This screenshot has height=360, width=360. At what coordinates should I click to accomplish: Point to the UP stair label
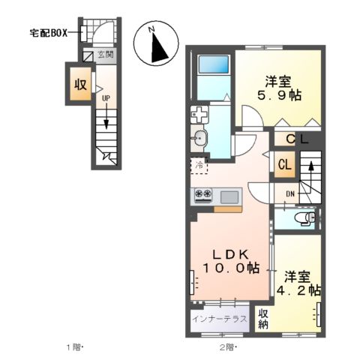(106, 98)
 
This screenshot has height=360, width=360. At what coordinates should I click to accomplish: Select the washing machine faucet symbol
(199, 115)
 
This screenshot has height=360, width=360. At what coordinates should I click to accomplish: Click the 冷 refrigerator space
(199, 164)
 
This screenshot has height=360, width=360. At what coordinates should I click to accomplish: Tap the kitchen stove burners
(203, 196)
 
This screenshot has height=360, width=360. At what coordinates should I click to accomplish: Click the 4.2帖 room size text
(301, 289)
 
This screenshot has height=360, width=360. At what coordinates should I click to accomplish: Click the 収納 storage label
(263, 319)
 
